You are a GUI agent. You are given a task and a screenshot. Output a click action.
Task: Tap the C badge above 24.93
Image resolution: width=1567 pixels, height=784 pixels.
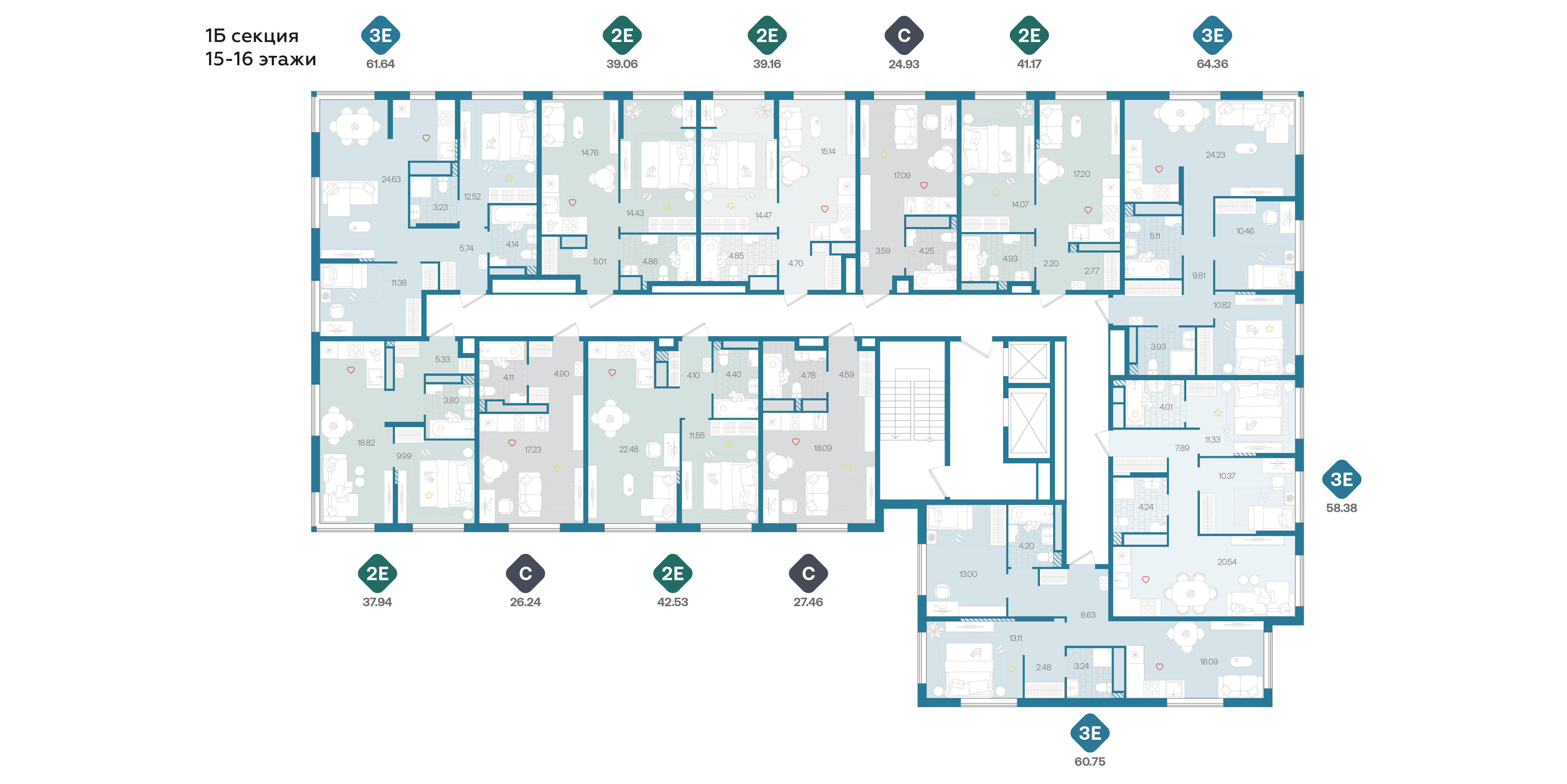click(x=904, y=35)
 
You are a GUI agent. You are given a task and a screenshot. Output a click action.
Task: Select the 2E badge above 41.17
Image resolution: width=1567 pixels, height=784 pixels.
click(x=1029, y=35)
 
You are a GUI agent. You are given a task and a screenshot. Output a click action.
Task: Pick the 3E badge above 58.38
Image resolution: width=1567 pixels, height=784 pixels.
click(x=1341, y=479)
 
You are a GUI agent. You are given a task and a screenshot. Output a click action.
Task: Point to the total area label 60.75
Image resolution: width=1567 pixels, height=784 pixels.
click(x=1089, y=761)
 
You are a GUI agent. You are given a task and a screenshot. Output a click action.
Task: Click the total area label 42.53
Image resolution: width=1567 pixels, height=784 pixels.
click(x=672, y=602)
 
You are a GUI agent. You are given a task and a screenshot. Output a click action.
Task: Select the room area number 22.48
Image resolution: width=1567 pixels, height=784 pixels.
click(x=628, y=449)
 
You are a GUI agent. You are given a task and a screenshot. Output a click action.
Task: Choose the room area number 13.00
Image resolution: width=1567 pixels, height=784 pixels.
click(x=968, y=574)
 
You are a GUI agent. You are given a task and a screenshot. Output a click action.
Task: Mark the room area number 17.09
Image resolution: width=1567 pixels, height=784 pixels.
click(x=902, y=175)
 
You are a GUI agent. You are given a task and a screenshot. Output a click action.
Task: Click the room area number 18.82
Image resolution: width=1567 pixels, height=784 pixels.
click(x=366, y=442)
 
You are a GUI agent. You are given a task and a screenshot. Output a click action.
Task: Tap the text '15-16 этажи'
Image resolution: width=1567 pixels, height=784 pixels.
click(x=260, y=59)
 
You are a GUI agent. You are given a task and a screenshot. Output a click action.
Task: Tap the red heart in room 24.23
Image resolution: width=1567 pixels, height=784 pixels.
click(x=1159, y=169)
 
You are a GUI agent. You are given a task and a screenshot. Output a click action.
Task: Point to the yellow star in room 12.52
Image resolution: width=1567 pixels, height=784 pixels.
click(x=509, y=178)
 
